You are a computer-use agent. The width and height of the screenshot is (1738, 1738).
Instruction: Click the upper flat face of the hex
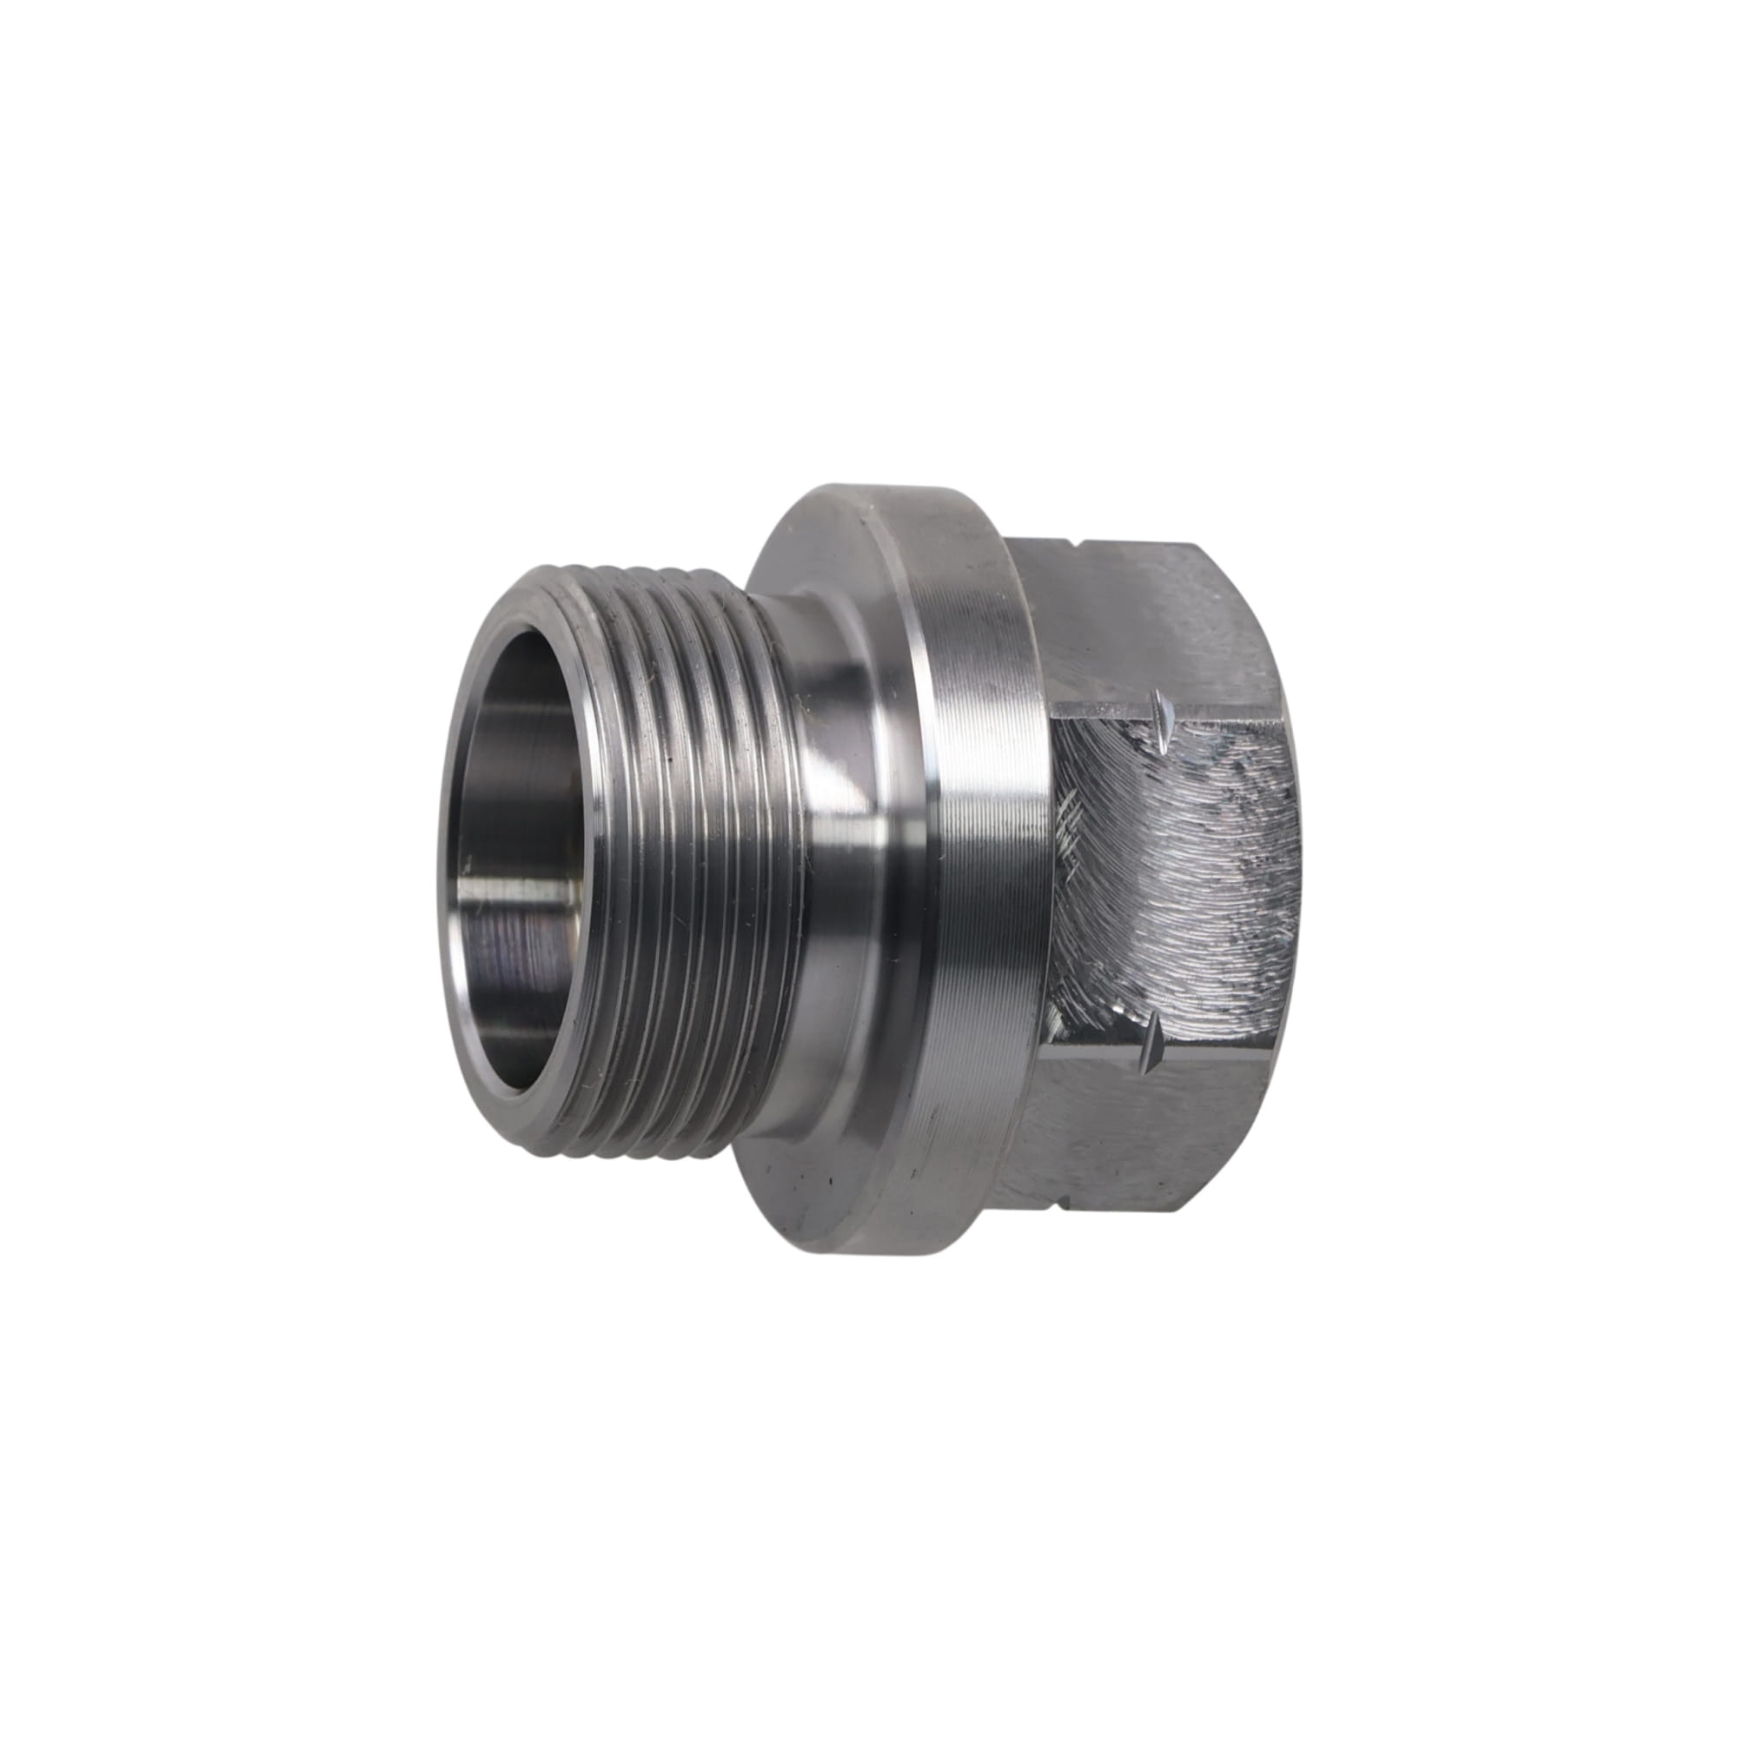[x=1160, y=620]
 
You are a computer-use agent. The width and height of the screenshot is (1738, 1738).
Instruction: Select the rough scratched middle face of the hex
[x=1178, y=864]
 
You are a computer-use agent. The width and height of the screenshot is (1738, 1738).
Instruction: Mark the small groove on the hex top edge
[x=1077, y=546]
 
